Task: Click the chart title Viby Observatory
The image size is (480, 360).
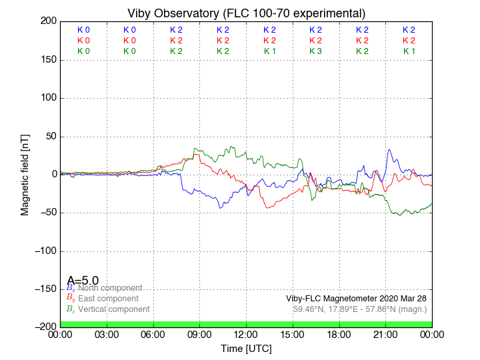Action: tap(246, 13)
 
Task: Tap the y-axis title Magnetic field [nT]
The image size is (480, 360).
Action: tap(25, 174)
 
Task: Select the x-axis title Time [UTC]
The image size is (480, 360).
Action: tap(246, 349)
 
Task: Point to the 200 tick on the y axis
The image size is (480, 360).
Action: tap(49, 21)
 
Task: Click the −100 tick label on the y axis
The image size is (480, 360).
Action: tap(44, 251)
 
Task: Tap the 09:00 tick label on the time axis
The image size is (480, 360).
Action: tap(200, 335)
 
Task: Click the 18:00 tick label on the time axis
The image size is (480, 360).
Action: tap(339, 335)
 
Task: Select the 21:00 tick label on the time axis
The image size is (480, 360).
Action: tap(386, 335)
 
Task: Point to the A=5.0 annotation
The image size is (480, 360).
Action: tap(83, 281)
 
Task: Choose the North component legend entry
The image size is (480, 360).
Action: tap(110, 288)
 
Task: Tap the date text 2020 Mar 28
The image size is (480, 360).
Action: tap(403, 298)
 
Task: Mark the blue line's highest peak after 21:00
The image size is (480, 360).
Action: tap(389, 150)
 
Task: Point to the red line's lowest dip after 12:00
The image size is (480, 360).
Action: tap(268, 208)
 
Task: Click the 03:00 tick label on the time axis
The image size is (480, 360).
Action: tap(107, 335)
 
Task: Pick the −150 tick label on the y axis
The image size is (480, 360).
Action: tap(44, 289)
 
